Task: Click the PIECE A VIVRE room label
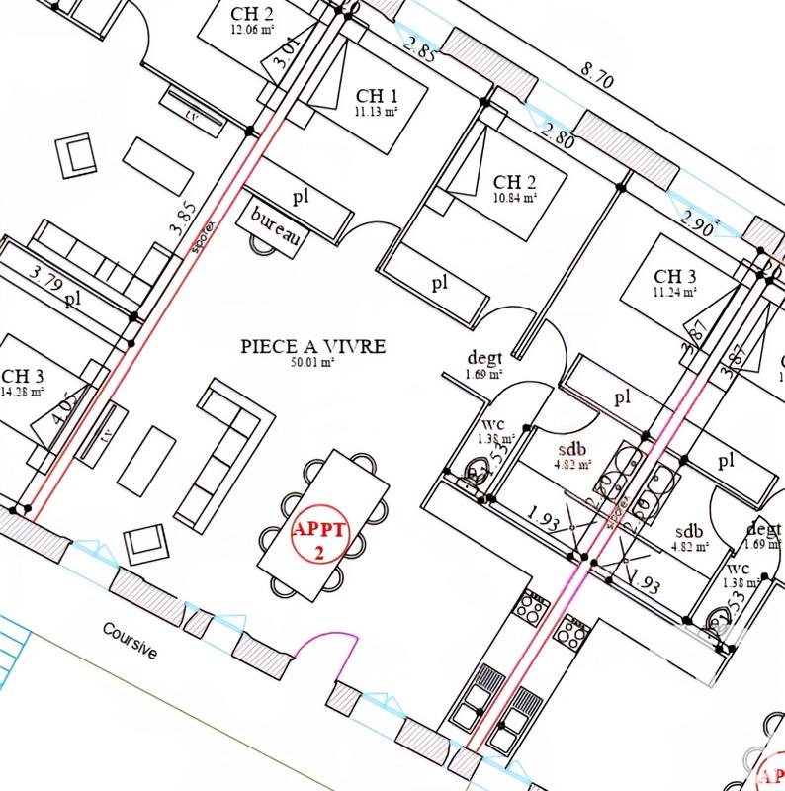pyautogui.click(x=312, y=347)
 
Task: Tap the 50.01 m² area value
pyautogui.click(x=312, y=363)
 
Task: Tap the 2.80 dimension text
pyautogui.click(x=558, y=137)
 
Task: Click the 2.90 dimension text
pyautogui.click(x=698, y=222)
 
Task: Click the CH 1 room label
pyautogui.click(x=377, y=96)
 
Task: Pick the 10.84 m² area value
pyautogui.click(x=515, y=197)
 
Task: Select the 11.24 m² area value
pyautogui.click(x=675, y=292)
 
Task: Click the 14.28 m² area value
pyautogui.click(x=23, y=392)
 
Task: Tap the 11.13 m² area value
pyautogui.click(x=377, y=112)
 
